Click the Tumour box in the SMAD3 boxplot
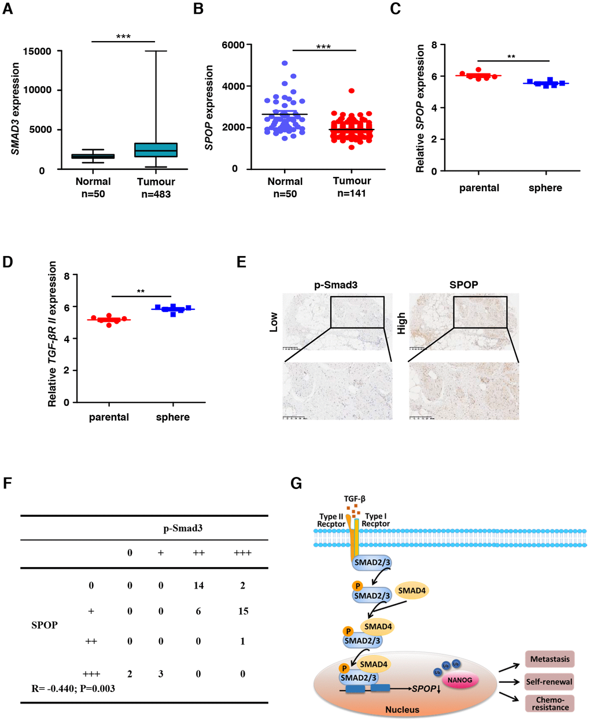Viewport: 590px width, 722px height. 156,150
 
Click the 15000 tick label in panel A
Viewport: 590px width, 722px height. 37,51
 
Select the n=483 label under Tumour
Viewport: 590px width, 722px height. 156,194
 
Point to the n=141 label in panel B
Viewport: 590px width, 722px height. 352,193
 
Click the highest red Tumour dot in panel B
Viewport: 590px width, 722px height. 352,91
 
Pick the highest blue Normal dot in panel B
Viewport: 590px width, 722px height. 285,63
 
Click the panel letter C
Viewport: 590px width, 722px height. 396,9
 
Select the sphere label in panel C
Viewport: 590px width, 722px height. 545,188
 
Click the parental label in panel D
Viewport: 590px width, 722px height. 109,417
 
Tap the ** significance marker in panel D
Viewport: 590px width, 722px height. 141,291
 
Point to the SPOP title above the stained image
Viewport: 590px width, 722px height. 463,284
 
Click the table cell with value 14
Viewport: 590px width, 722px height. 198,586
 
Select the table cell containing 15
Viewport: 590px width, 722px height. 243,611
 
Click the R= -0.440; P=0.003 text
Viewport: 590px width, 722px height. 73,688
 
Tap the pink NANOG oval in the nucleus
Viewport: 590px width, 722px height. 460,680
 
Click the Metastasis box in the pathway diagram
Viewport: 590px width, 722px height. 550,659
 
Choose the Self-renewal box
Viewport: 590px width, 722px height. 549,682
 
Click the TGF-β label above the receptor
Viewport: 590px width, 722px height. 355,499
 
